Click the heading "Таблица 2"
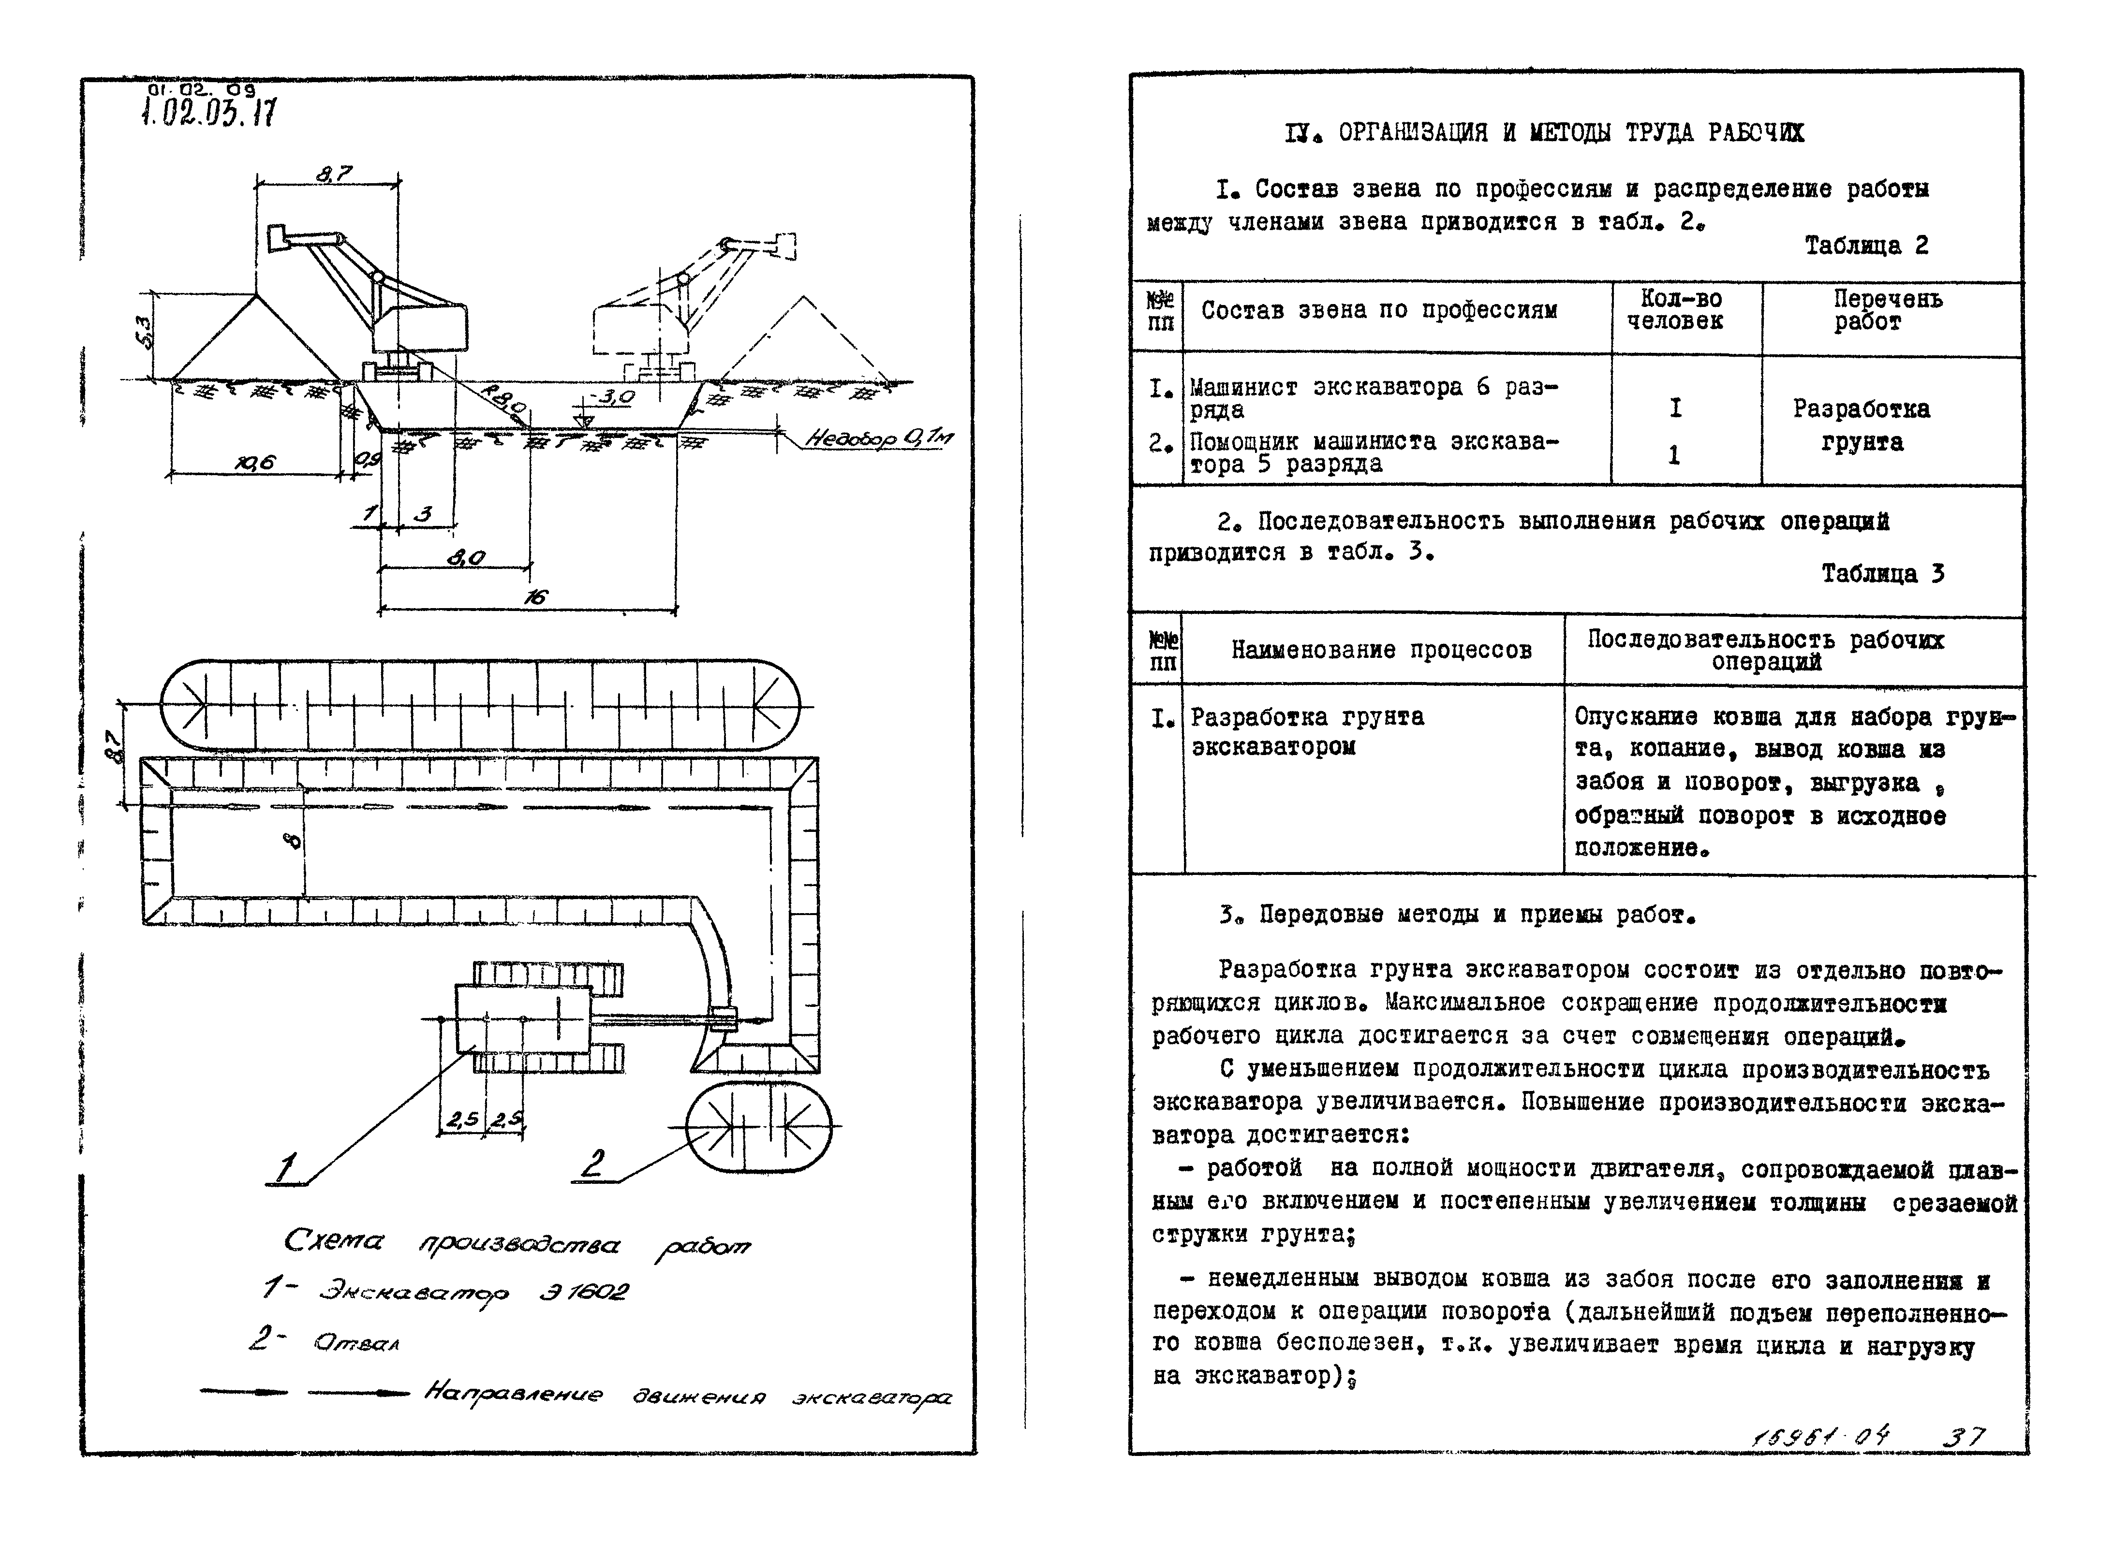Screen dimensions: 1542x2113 (1865, 246)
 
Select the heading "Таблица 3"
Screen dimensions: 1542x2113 (1882, 573)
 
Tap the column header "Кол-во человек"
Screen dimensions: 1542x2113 (1681, 310)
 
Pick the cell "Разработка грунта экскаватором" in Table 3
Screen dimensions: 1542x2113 (1307, 732)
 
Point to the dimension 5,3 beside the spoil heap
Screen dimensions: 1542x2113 (142, 332)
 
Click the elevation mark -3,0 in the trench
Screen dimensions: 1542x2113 (614, 397)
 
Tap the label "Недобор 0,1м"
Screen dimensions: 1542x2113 (878, 438)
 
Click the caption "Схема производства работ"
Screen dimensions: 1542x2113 (517, 1244)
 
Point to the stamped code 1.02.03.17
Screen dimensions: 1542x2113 (208, 113)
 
